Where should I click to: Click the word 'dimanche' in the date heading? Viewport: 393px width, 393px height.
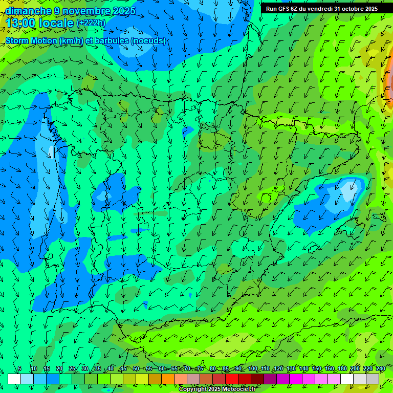28,11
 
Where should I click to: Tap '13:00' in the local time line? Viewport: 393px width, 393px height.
21,24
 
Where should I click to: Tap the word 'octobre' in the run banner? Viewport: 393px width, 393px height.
351,9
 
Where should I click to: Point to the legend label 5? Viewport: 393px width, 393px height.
19,369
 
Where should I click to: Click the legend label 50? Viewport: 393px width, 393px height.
136,369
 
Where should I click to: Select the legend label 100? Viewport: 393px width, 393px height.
252,369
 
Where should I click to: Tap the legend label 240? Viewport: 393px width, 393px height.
381,369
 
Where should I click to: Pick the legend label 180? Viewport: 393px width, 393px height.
342,369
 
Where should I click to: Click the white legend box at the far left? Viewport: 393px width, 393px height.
14,379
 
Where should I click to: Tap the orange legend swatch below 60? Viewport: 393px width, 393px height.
168,379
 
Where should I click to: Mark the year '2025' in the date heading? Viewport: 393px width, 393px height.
123,11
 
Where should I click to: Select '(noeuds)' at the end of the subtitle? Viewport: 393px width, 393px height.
148,40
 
